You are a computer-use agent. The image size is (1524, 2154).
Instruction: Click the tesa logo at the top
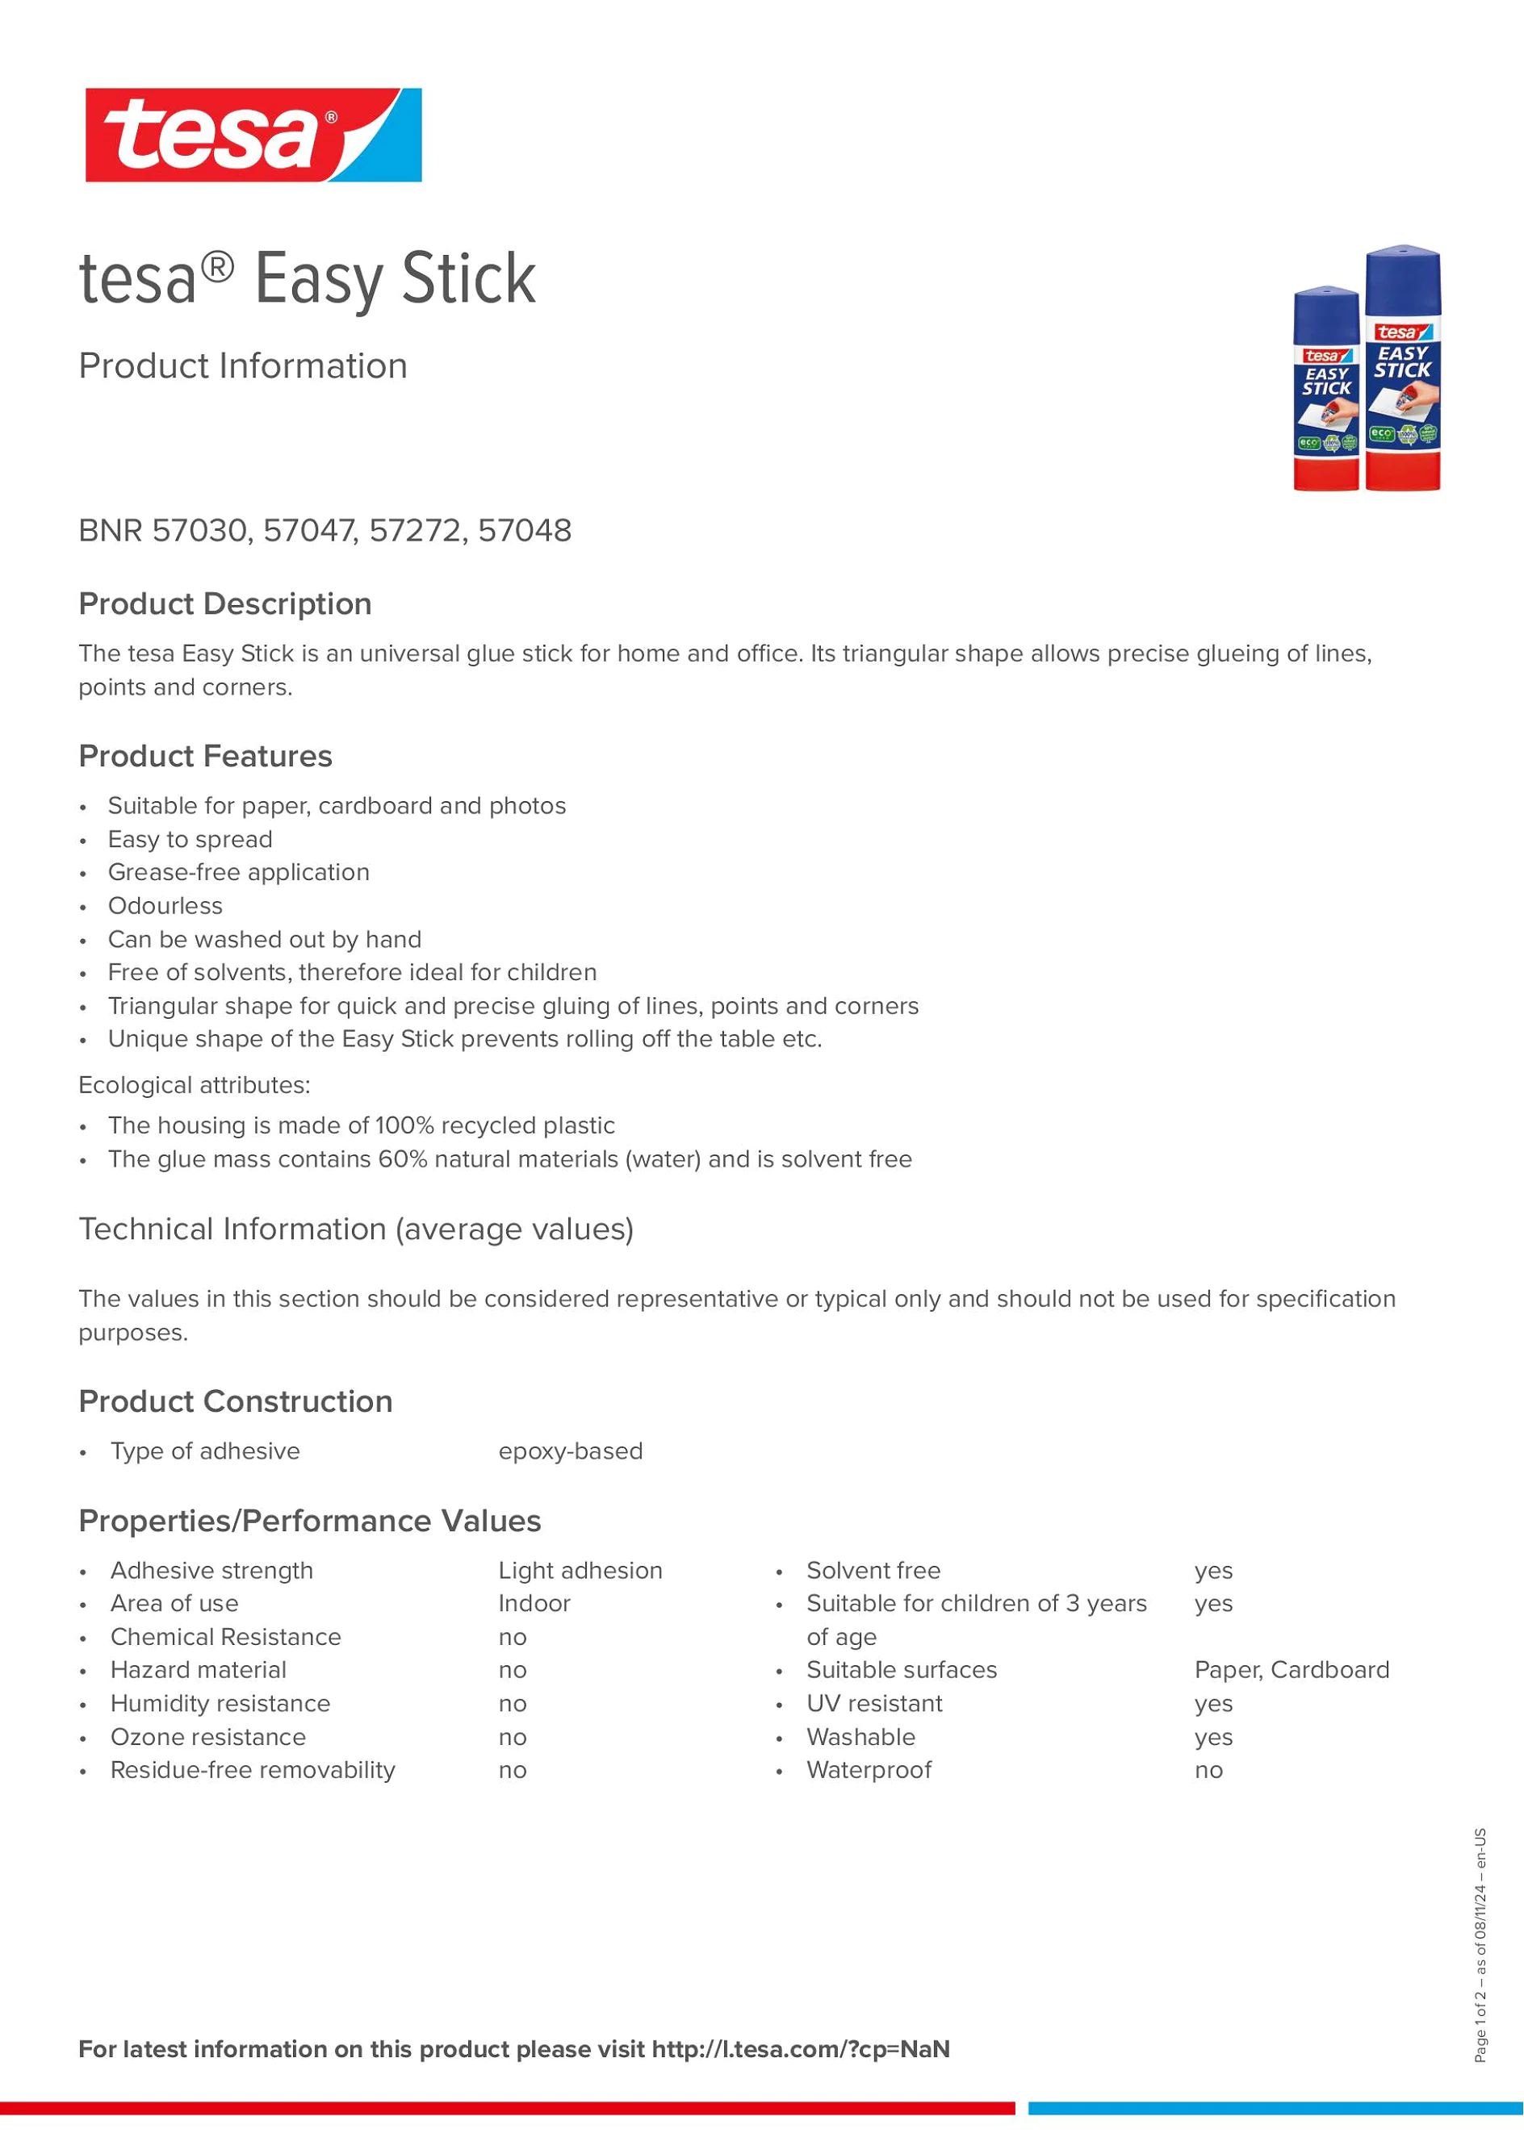[x=253, y=135]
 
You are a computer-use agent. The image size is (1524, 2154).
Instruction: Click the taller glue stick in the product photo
[x=1402, y=368]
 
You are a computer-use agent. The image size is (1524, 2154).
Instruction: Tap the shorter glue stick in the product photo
[x=1325, y=388]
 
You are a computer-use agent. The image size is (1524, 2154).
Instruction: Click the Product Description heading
[x=225, y=604]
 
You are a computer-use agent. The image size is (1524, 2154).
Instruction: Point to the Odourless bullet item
[x=165, y=906]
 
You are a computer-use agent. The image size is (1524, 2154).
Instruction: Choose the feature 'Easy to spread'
[x=190, y=840]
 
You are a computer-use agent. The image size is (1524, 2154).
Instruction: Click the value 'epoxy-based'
[x=571, y=1451]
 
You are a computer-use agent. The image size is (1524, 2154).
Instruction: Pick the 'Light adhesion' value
[x=580, y=1571]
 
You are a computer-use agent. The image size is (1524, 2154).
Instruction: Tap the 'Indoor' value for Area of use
[x=534, y=1603]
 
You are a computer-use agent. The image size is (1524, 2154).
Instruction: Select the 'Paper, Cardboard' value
[x=1292, y=1670]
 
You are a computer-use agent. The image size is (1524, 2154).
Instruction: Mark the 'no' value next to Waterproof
[x=1208, y=1770]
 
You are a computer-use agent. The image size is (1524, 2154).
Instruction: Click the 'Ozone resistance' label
[x=208, y=1738]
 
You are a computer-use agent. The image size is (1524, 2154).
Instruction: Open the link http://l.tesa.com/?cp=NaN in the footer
[x=801, y=2049]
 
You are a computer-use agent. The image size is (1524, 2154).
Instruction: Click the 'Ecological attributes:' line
[x=195, y=1085]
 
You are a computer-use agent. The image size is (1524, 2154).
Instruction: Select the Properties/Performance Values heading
[x=310, y=1521]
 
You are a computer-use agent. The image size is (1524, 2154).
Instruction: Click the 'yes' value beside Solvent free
[x=1213, y=1571]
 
